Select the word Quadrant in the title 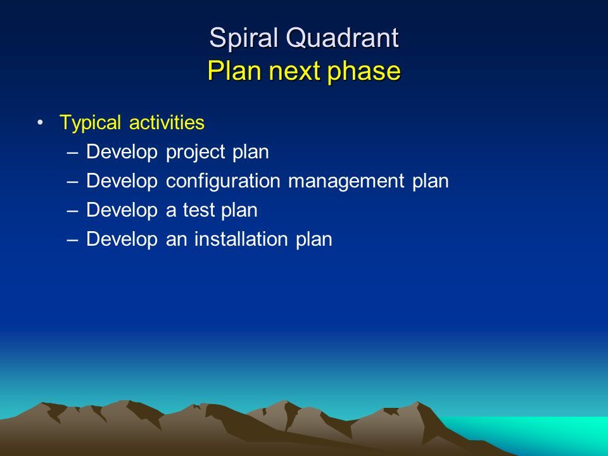[343, 39]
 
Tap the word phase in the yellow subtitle [364, 72]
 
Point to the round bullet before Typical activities [41, 123]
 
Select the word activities [167, 122]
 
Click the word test [198, 210]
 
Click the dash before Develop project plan [72, 153]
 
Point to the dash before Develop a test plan [72, 210]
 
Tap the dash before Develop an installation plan [72, 239]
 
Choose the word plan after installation [314, 239]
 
